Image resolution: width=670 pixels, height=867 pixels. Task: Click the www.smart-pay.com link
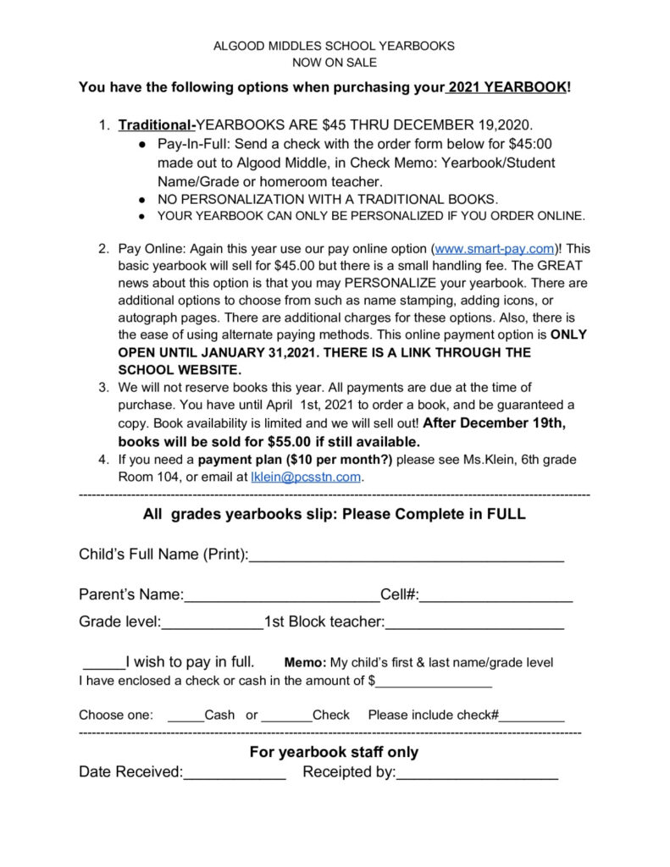495,250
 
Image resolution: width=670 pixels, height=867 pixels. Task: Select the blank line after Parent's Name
282,596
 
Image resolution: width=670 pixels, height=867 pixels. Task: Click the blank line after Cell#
496,596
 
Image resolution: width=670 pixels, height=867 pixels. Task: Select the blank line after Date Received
235,774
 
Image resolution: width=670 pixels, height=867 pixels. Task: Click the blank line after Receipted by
477,774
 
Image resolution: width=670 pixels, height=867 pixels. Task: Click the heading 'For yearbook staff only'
334,752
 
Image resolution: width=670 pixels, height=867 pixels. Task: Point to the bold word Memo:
305,663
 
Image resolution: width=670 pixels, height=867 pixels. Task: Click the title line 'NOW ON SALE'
334,63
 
